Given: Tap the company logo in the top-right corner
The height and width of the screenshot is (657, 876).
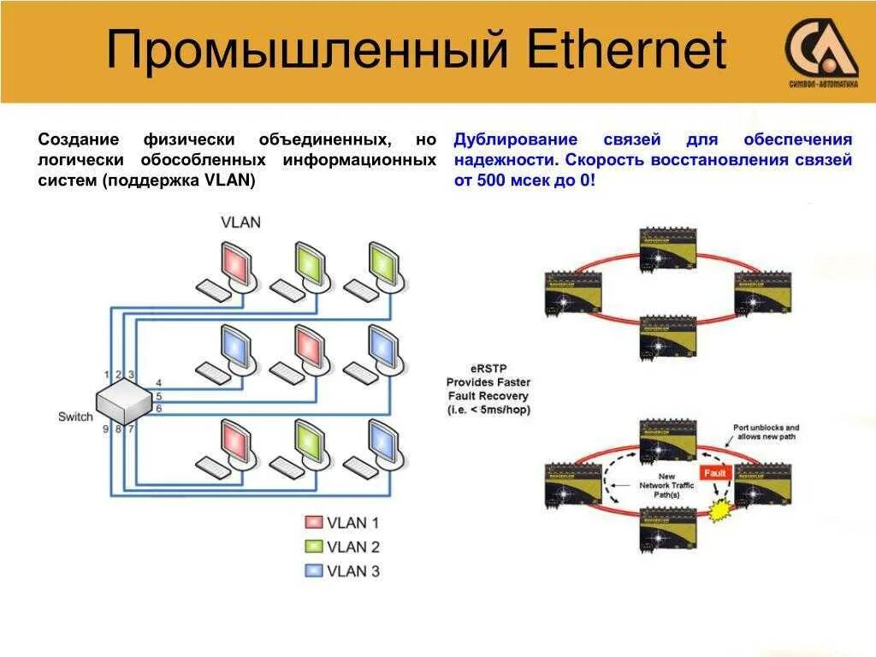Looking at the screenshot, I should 820,53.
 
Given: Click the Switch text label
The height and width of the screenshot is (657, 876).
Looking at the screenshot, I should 75,417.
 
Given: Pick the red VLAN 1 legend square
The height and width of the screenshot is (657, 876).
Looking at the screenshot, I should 314,523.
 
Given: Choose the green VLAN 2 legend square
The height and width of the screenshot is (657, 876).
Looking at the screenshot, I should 314,547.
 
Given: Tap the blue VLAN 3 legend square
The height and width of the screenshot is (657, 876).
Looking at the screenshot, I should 314,571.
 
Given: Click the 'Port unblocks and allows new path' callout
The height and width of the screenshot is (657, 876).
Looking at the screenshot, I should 766,433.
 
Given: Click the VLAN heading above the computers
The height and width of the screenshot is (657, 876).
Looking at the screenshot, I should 240,222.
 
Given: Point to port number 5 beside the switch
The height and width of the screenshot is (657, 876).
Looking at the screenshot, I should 158,396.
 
